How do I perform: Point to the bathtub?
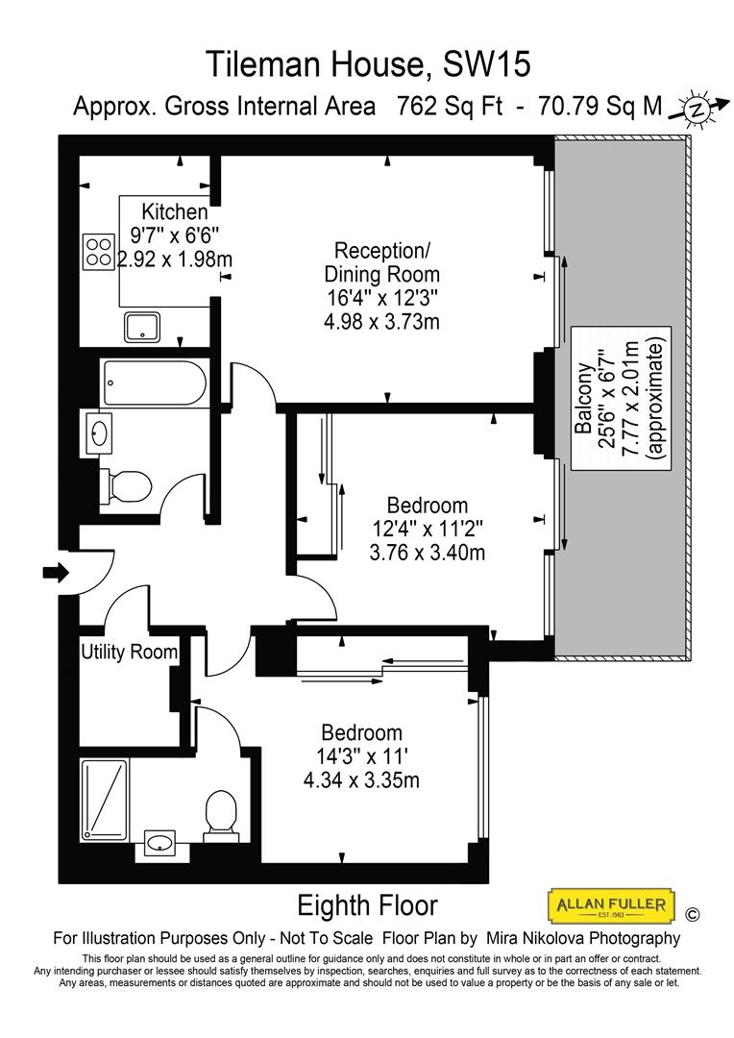click(x=154, y=383)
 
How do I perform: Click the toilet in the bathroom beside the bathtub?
click(x=128, y=484)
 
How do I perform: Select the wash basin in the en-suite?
click(x=159, y=843)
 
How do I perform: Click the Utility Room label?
click(x=130, y=653)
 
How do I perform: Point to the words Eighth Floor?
click(x=367, y=905)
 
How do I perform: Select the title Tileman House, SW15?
click(x=368, y=64)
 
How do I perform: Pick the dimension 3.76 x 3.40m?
click(x=427, y=553)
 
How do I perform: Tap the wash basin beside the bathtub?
click(x=100, y=432)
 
